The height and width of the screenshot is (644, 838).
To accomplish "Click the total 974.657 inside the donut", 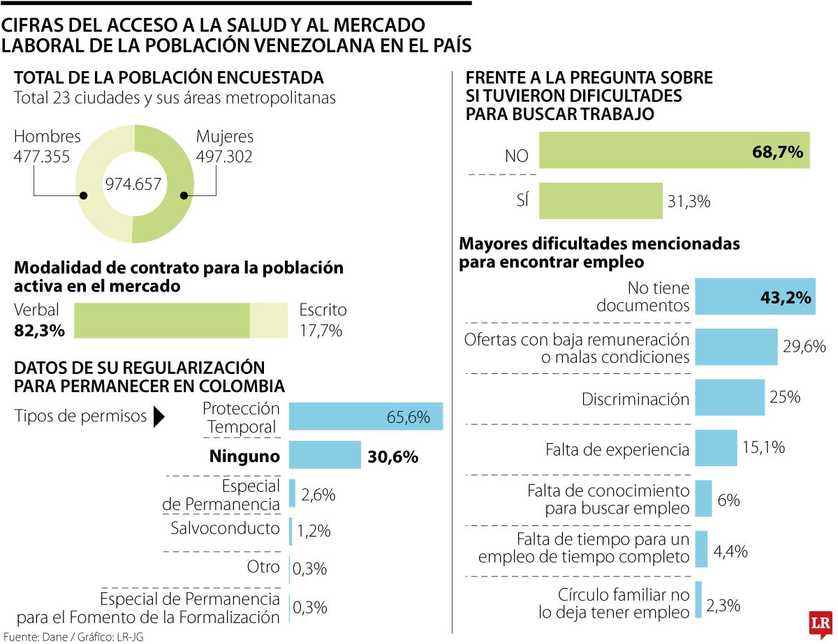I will pos(133,184).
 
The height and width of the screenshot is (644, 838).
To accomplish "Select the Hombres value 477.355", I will pos(42,157).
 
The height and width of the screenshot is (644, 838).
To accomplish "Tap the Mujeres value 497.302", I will pos(224,157).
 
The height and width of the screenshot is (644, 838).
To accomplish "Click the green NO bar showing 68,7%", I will pos(674,150).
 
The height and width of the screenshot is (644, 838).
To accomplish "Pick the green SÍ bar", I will pos(600,201).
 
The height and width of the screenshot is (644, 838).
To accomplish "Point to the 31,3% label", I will pos(689,202).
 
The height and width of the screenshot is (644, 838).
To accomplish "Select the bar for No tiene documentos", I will pos(755,297).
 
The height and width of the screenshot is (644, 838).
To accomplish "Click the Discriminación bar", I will pos(730,399).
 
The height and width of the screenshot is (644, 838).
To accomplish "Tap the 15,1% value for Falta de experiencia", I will pos(763,447).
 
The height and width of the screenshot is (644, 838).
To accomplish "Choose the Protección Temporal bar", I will pos(365,417).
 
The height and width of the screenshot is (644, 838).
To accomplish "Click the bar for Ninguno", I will pos(325,456).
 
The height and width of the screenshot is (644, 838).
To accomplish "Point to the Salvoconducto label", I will pos(225,528).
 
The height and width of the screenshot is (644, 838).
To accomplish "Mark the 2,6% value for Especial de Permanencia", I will pos(318,495).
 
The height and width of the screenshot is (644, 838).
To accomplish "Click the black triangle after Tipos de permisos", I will pos(159,417).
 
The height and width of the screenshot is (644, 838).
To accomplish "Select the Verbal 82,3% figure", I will pos(39,330).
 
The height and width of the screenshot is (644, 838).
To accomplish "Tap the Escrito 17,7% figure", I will pos(321,330).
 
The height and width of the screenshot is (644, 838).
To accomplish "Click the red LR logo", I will pos(819,623).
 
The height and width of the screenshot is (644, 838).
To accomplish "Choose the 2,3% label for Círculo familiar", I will pos(723,605).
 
